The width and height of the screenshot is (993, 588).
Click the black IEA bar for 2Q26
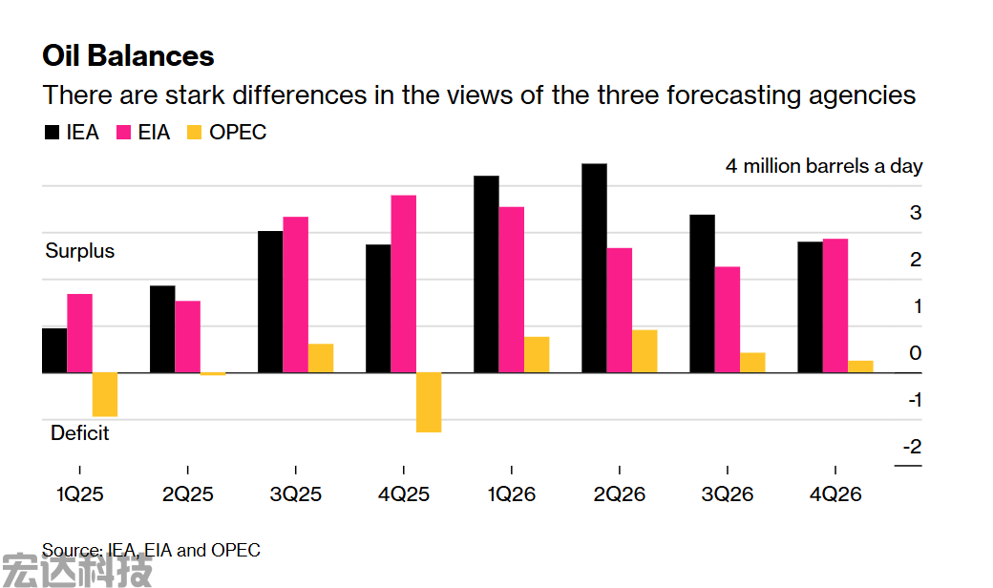click(594, 268)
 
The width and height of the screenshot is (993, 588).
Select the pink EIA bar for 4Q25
click(403, 283)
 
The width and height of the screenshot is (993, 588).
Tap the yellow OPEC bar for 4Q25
click(429, 402)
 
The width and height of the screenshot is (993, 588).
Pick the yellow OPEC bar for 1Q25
click(104, 394)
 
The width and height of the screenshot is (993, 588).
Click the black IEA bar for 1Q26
click(486, 274)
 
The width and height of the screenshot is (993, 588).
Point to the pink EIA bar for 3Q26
click(728, 319)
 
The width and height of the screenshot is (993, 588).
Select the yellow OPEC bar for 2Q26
click(644, 350)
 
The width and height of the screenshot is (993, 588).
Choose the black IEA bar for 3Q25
click(270, 302)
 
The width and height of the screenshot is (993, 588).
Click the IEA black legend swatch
click(52, 133)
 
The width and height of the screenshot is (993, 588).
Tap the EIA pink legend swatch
click(124, 133)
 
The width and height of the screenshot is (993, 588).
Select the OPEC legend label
click(238, 133)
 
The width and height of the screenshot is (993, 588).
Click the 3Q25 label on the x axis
click(296, 494)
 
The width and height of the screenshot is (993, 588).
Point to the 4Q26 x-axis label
click(835, 494)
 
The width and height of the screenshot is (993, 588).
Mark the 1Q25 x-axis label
click(79, 494)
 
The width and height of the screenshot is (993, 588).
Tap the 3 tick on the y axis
click(916, 213)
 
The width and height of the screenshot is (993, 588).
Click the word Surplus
click(80, 251)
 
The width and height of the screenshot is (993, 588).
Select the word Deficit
click(80, 433)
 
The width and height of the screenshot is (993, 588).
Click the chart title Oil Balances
click(128, 55)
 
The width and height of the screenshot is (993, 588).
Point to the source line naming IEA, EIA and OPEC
click(151, 550)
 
